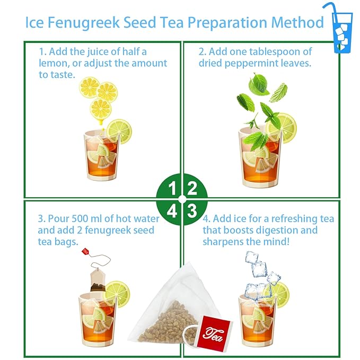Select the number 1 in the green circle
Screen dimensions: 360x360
(172, 188)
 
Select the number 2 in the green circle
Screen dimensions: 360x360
(192, 188)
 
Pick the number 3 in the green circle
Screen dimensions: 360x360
(192, 211)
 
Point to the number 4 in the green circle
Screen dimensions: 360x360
(172, 211)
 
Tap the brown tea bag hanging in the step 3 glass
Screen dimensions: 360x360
(97, 279)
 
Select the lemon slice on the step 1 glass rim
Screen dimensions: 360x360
(119, 130)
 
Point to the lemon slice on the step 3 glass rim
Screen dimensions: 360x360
(117, 293)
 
